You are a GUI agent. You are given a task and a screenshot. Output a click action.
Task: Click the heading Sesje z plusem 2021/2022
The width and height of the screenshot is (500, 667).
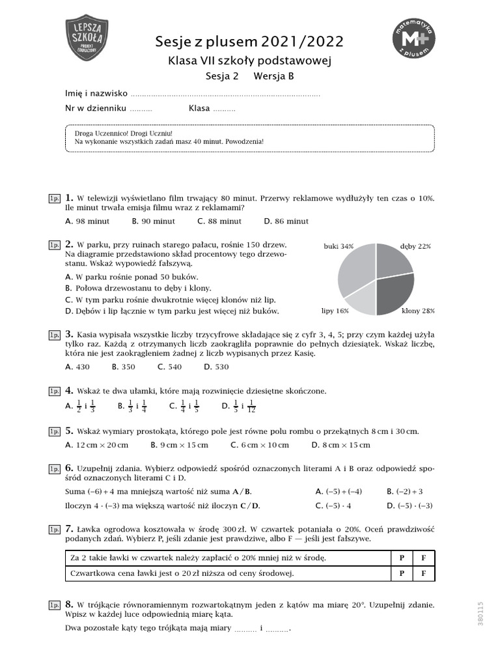tap(249, 42)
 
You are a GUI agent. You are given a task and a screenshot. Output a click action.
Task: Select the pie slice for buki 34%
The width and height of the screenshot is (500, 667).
tap(355, 267)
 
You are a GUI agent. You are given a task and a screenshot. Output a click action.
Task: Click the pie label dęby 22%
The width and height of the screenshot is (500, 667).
tap(416, 247)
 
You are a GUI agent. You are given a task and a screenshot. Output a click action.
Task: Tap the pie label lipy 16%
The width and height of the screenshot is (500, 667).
tap(335, 311)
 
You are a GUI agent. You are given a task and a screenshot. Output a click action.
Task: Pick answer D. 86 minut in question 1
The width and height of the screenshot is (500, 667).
tap(285, 221)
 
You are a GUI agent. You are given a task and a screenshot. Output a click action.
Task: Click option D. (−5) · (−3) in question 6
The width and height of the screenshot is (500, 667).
tap(410, 505)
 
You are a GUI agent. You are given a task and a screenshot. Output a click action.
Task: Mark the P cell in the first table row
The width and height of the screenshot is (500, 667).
tap(401, 558)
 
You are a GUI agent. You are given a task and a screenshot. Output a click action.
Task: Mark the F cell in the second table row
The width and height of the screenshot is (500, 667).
tap(423, 573)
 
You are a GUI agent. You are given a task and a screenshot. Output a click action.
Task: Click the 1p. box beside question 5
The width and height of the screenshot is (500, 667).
tap(54, 431)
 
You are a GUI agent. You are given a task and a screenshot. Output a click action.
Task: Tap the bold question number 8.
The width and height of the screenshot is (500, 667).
tap(69, 604)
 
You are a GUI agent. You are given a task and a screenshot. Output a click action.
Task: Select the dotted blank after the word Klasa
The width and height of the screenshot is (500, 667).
tap(224, 109)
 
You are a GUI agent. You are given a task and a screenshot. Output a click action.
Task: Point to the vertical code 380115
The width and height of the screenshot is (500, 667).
tap(481, 614)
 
